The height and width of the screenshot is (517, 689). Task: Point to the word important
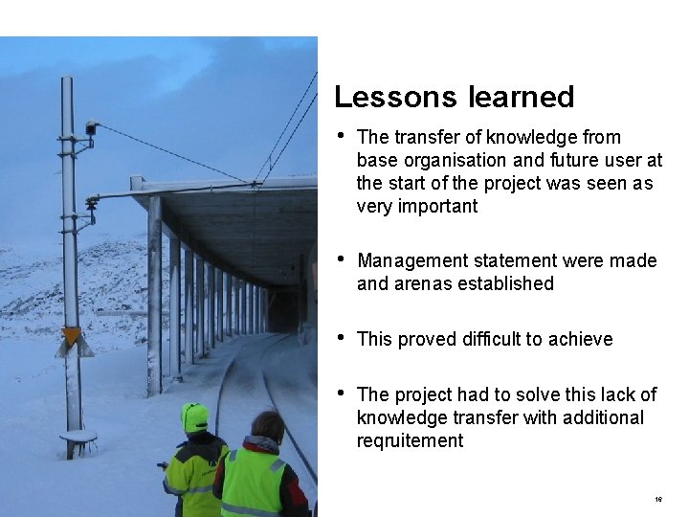437,207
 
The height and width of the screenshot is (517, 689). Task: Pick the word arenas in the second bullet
422,284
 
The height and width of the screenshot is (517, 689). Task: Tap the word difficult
490,340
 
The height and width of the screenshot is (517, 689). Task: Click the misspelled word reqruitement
410,441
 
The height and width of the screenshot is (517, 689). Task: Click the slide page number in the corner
659,500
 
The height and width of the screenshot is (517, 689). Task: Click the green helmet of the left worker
195,417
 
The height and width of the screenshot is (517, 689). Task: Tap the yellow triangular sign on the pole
72,336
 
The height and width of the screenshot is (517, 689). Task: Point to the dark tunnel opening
282,313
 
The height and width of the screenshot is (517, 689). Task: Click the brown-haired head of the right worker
268,426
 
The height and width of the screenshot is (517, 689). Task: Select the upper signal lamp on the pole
92,126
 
